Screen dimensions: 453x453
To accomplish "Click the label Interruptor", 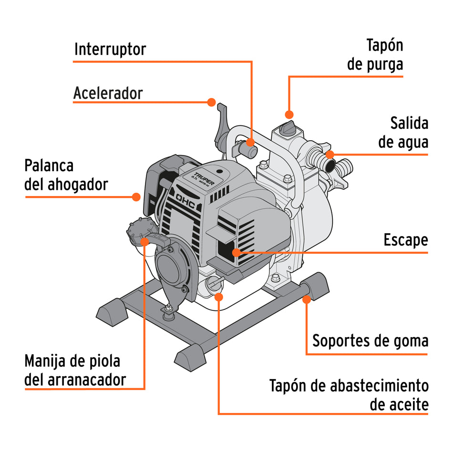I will click(x=110, y=49).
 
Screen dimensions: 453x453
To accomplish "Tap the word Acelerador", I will click(x=108, y=93).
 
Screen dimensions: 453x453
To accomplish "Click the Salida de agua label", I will click(x=403, y=133).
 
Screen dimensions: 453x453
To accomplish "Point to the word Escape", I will click(x=405, y=240).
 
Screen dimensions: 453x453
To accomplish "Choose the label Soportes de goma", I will click(x=370, y=341).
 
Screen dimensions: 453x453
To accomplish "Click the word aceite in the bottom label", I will click(x=399, y=405).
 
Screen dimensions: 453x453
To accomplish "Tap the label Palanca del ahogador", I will click(x=66, y=175).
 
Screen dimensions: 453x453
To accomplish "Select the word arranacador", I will click(x=87, y=380).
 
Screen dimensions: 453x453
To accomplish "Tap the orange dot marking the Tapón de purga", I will click(x=288, y=114).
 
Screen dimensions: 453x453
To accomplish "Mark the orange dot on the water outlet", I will click(x=330, y=154).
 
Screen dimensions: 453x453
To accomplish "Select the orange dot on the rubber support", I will click(x=307, y=299).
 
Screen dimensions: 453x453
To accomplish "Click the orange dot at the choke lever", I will click(x=136, y=196).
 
